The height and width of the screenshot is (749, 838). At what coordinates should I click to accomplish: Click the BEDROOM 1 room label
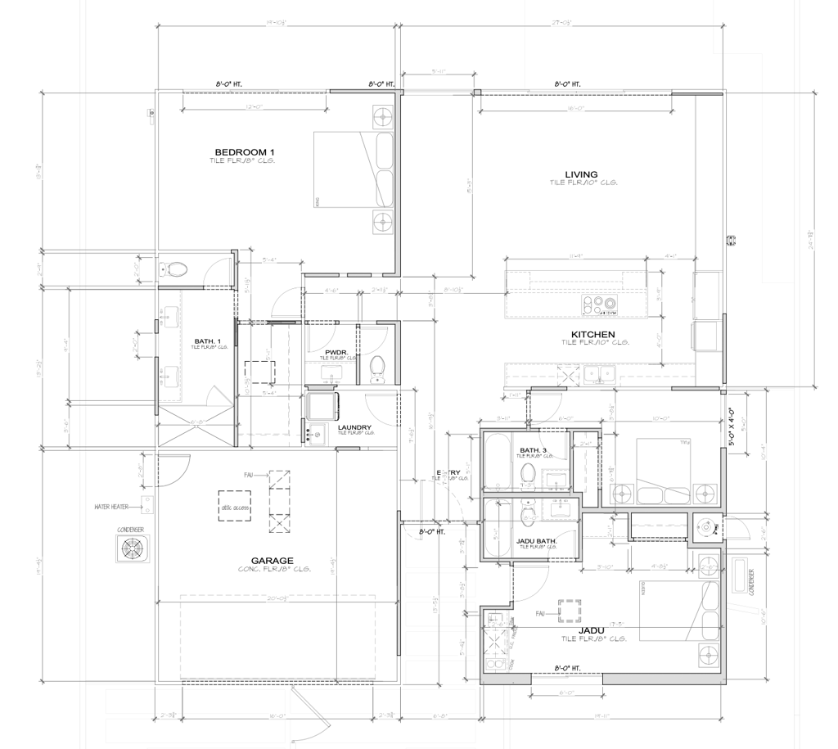244,152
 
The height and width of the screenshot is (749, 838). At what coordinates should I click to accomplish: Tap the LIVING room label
581,174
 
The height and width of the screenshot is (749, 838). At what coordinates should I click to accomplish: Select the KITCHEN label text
593,335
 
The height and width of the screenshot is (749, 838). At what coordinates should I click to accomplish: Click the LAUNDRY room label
354,427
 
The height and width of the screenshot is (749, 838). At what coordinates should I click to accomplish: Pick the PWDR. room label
337,352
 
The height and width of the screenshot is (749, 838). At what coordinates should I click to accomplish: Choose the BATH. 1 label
205,341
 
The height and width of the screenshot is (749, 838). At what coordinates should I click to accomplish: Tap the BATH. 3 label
533,450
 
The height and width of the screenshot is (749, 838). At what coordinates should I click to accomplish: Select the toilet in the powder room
377,368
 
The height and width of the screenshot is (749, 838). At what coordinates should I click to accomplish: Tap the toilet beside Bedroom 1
174,268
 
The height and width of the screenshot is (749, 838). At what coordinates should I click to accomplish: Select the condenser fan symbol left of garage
131,548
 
